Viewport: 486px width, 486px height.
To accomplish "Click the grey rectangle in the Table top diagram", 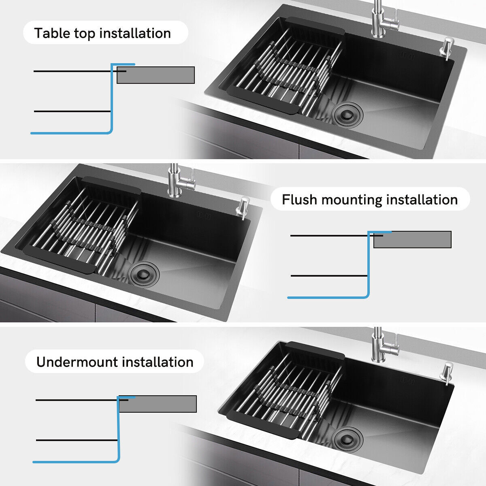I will (156, 75).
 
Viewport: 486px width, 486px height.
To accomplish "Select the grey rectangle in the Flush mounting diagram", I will (412, 240).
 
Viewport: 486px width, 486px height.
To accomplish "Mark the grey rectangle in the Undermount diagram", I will (158, 404).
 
